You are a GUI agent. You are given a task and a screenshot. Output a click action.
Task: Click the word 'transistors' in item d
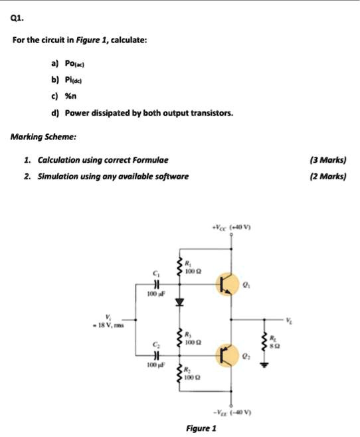tap(211, 114)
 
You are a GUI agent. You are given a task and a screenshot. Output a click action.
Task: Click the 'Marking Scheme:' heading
tap(43, 137)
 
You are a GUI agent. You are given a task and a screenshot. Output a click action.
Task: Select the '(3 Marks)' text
tap(328, 160)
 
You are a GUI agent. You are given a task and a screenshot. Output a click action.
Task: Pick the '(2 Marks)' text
tap(328, 177)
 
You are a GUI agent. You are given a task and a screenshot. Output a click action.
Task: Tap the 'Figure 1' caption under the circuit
tap(201, 428)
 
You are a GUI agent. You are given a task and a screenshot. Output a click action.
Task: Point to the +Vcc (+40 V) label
tap(232, 225)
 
